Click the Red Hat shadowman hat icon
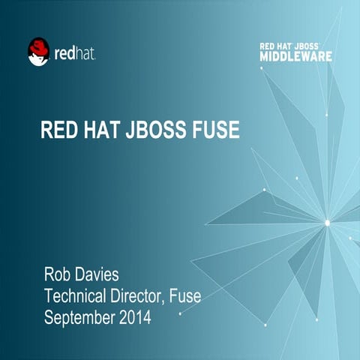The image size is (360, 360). (38, 52)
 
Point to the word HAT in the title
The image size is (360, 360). (101, 130)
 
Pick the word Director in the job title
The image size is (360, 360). (139, 295)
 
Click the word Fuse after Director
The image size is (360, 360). (185, 295)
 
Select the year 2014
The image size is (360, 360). (135, 316)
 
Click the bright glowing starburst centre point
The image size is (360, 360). (326, 222)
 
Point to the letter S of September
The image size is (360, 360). (49, 316)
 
